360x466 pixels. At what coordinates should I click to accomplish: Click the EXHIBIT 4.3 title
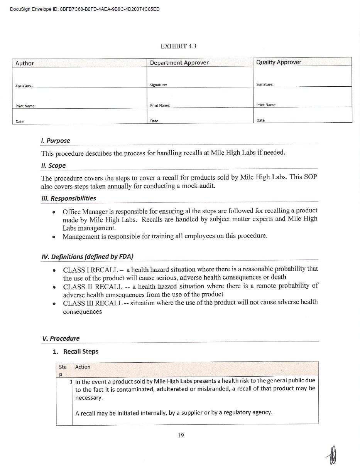(178, 46)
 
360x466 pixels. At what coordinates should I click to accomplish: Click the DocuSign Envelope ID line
(85, 9)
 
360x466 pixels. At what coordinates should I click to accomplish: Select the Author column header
(24, 63)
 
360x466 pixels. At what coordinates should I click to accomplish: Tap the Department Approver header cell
(179, 63)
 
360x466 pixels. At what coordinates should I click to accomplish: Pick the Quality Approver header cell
(279, 62)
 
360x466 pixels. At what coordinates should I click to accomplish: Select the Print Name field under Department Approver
(199, 98)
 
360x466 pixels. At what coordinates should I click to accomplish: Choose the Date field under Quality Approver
(302, 115)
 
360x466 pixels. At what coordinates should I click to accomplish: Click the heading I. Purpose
(56, 141)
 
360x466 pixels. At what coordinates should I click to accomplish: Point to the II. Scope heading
(53, 165)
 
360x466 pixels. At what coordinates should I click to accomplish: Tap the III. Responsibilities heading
(69, 198)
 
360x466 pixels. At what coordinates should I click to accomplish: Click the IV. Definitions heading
(87, 257)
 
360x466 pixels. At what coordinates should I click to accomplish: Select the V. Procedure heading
(61, 338)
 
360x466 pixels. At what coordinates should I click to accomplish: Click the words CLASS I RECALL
(90, 269)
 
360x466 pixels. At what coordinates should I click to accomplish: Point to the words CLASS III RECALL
(93, 303)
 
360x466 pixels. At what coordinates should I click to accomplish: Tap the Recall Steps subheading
(81, 352)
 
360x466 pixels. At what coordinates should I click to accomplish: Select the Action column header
(83, 367)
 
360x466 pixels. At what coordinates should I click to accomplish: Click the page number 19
(181, 435)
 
